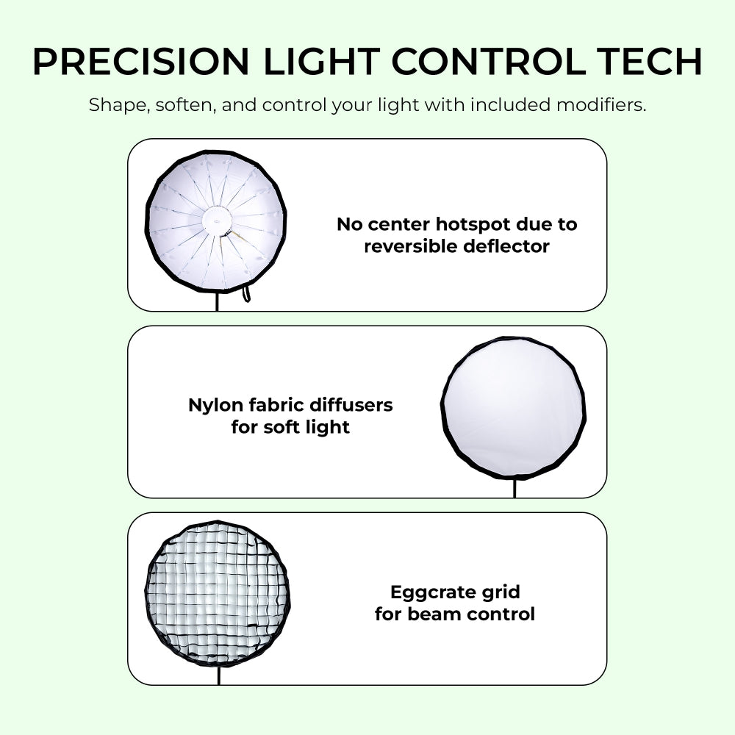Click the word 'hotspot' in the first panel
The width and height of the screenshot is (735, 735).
481,224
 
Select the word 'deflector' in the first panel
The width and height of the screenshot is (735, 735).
506,246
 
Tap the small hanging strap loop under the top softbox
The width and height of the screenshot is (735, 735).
246,295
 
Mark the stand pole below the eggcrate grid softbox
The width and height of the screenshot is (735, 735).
218,675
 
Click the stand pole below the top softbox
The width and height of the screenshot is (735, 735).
217,301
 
